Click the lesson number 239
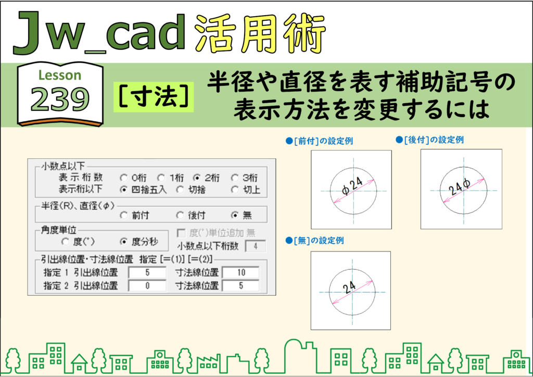point(60,99)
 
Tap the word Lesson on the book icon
point(60,75)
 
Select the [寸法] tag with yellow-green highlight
point(154,97)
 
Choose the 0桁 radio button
point(124,178)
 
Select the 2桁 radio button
point(196,178)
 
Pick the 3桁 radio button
point(235,178)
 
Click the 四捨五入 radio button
point(124,190)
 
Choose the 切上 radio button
point(235,190)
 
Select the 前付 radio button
point(124,215)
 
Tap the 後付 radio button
point(180,215)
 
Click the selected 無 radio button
point(235,215)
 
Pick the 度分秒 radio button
point(124,242)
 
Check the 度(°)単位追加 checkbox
point(181,233)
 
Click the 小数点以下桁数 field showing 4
point(255,246)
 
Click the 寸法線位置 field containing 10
point(241,273)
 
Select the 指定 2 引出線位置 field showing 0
point(147,286)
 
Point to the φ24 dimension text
point(352,186)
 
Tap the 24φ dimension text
point(459,186)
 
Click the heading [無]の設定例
point(315,241)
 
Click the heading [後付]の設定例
point(429,140)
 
